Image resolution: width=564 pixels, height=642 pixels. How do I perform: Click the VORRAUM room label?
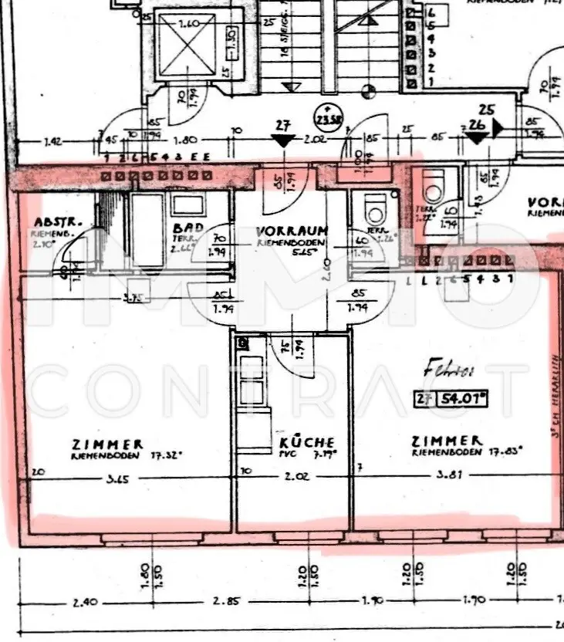tap(292, 230)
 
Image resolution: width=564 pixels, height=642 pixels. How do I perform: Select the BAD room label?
tap(187, 228)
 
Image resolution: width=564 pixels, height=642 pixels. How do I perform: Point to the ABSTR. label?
tap(52, 219)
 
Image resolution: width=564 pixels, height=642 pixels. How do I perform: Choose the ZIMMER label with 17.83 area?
tap(447, 441)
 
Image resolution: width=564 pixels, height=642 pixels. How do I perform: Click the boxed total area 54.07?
tap(464, 399)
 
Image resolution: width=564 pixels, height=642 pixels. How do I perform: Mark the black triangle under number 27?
tap(283, 140)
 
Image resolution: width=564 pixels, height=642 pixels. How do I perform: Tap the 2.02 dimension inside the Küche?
tap(296, 477)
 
